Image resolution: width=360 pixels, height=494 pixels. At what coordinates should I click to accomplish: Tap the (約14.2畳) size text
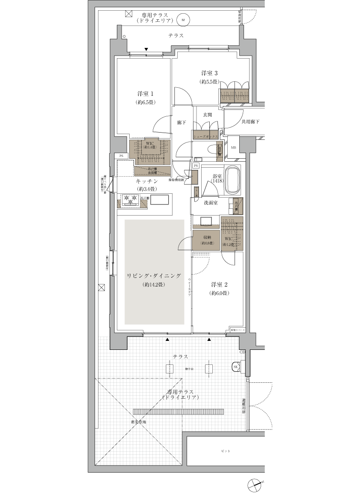[x=154, y=284]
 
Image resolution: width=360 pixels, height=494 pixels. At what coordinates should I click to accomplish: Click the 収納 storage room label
[x=207, y=237]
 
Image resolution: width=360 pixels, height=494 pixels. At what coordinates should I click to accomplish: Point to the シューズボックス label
[x=206, y=136]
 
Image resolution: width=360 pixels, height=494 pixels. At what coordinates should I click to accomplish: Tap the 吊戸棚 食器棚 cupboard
[x=152, y=171]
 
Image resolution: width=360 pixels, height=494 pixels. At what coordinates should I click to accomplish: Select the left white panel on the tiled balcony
[x=170, y=369]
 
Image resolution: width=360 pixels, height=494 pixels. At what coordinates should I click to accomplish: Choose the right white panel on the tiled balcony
[x=209, y=369]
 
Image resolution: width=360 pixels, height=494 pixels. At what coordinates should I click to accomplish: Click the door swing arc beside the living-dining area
[x=181, y=244]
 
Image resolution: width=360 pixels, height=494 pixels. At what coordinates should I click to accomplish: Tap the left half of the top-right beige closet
[x=227, y=95]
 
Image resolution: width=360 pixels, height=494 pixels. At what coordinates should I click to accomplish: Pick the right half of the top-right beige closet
[x=242, y=95]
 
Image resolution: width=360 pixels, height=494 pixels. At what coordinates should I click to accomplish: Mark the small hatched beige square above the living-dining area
[x=144, y=204]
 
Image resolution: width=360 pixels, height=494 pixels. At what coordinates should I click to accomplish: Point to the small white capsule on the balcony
[x=243, y=352]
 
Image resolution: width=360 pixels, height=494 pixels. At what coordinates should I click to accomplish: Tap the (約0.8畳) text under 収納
[x=207, y=243]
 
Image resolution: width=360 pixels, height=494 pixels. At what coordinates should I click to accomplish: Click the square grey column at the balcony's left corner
[x=119, y=342]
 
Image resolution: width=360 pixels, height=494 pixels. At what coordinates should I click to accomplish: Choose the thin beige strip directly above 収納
[x=206, y=227]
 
